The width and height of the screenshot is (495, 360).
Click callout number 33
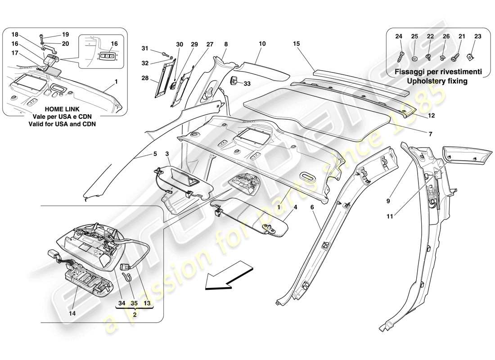247,83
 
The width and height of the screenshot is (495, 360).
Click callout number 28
144,78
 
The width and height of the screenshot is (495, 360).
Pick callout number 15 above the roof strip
297,44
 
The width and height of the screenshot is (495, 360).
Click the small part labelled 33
235,81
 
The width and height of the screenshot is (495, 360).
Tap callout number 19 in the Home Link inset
65,34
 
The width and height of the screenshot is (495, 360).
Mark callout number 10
262,44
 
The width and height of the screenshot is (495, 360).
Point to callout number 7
430,134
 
